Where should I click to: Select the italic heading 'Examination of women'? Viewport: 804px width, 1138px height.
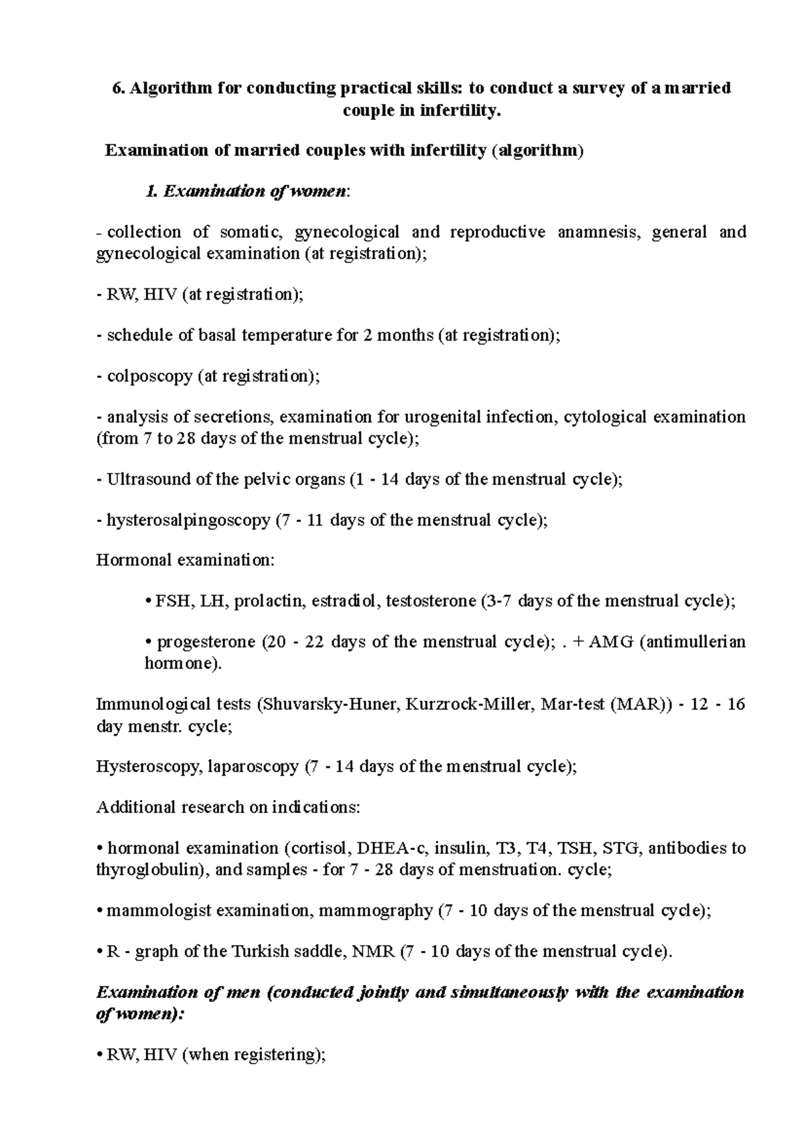coord(255,192)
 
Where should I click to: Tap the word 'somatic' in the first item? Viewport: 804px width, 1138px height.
coord(247,233)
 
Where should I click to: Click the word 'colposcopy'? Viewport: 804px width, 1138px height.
coord(149,376)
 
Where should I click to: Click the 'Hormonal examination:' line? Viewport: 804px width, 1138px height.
coord(185,560)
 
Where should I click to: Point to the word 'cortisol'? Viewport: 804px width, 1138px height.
coord(318,848)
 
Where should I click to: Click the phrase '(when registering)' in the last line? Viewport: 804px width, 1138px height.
coord(254,1055)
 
